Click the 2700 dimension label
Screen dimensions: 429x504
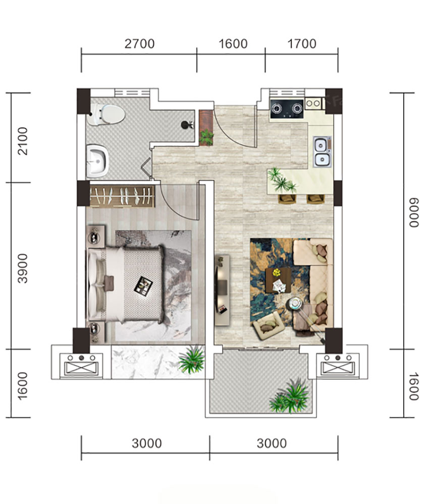pyautogui.click(x=140, y=44)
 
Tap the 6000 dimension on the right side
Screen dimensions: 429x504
pyautogui.click(x=414, y=212)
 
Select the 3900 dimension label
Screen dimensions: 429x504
pyautogui.click(x=23, y=268)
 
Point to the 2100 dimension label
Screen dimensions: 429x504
pyautogui.click(x=23, y=141)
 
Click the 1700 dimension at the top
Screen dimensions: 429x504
pyautogui.click(x=302, y=44)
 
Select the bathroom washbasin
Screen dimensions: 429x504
pyautogui.click(x=97, y=161)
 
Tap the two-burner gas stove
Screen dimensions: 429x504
pyautogui.click(x=287, y=108)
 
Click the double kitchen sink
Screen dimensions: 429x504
pyautogui.click(x=322, y=151)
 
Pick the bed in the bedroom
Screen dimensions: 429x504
pyautogui.click(x=126, y=285)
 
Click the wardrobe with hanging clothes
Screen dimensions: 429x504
pyautogui.click(x=122, y=196)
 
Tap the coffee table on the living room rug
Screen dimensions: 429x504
pyautogui.click(x=279, y=281)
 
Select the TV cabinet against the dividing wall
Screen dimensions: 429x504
pyautogui.click(x=222, y=290)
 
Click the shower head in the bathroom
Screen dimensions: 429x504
pyautogui.click(x=187, y=125)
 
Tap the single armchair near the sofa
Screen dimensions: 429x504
pyautogui.click(x=269, y=325)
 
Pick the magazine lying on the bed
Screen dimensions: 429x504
pyautogui.click(x=143, y=286)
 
